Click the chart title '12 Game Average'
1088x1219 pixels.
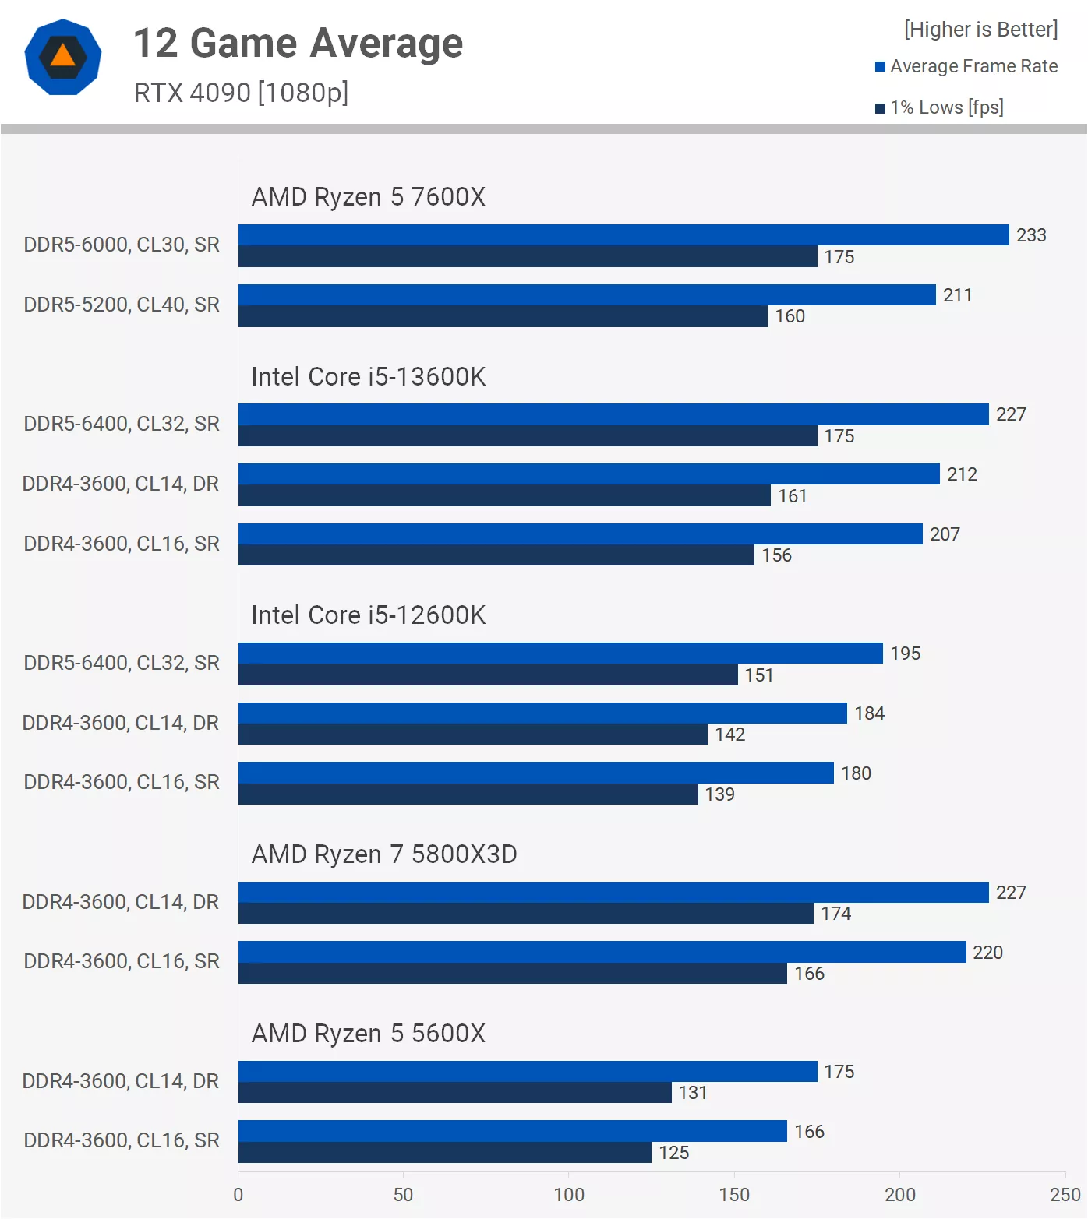coord(298,43)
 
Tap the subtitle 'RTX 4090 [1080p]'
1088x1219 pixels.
coord(241,93)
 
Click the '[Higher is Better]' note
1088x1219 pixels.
coord(980,30)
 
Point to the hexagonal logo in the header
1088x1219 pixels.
coord(63,57)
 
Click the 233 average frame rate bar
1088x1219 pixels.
coord(623,235)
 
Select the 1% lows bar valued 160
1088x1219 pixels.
coord(503,316)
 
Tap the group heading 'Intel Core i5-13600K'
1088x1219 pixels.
coord(368,377)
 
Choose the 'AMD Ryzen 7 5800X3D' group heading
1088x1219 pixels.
coord(384,854)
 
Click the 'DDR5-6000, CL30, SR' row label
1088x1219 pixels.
coord(122,245)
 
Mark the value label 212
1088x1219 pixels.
coord(962,474)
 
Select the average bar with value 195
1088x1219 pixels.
coord(560,654)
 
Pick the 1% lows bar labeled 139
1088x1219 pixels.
coord(468,794)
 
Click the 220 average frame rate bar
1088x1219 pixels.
coord(602,952)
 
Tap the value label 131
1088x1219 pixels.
coord(693,1093)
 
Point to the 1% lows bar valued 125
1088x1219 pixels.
coord(444,1153)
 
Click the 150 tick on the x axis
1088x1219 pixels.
coord(734,1195)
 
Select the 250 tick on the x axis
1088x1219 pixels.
coord(1065,1195)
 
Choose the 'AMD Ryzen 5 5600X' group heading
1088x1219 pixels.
coord(368,1034)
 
